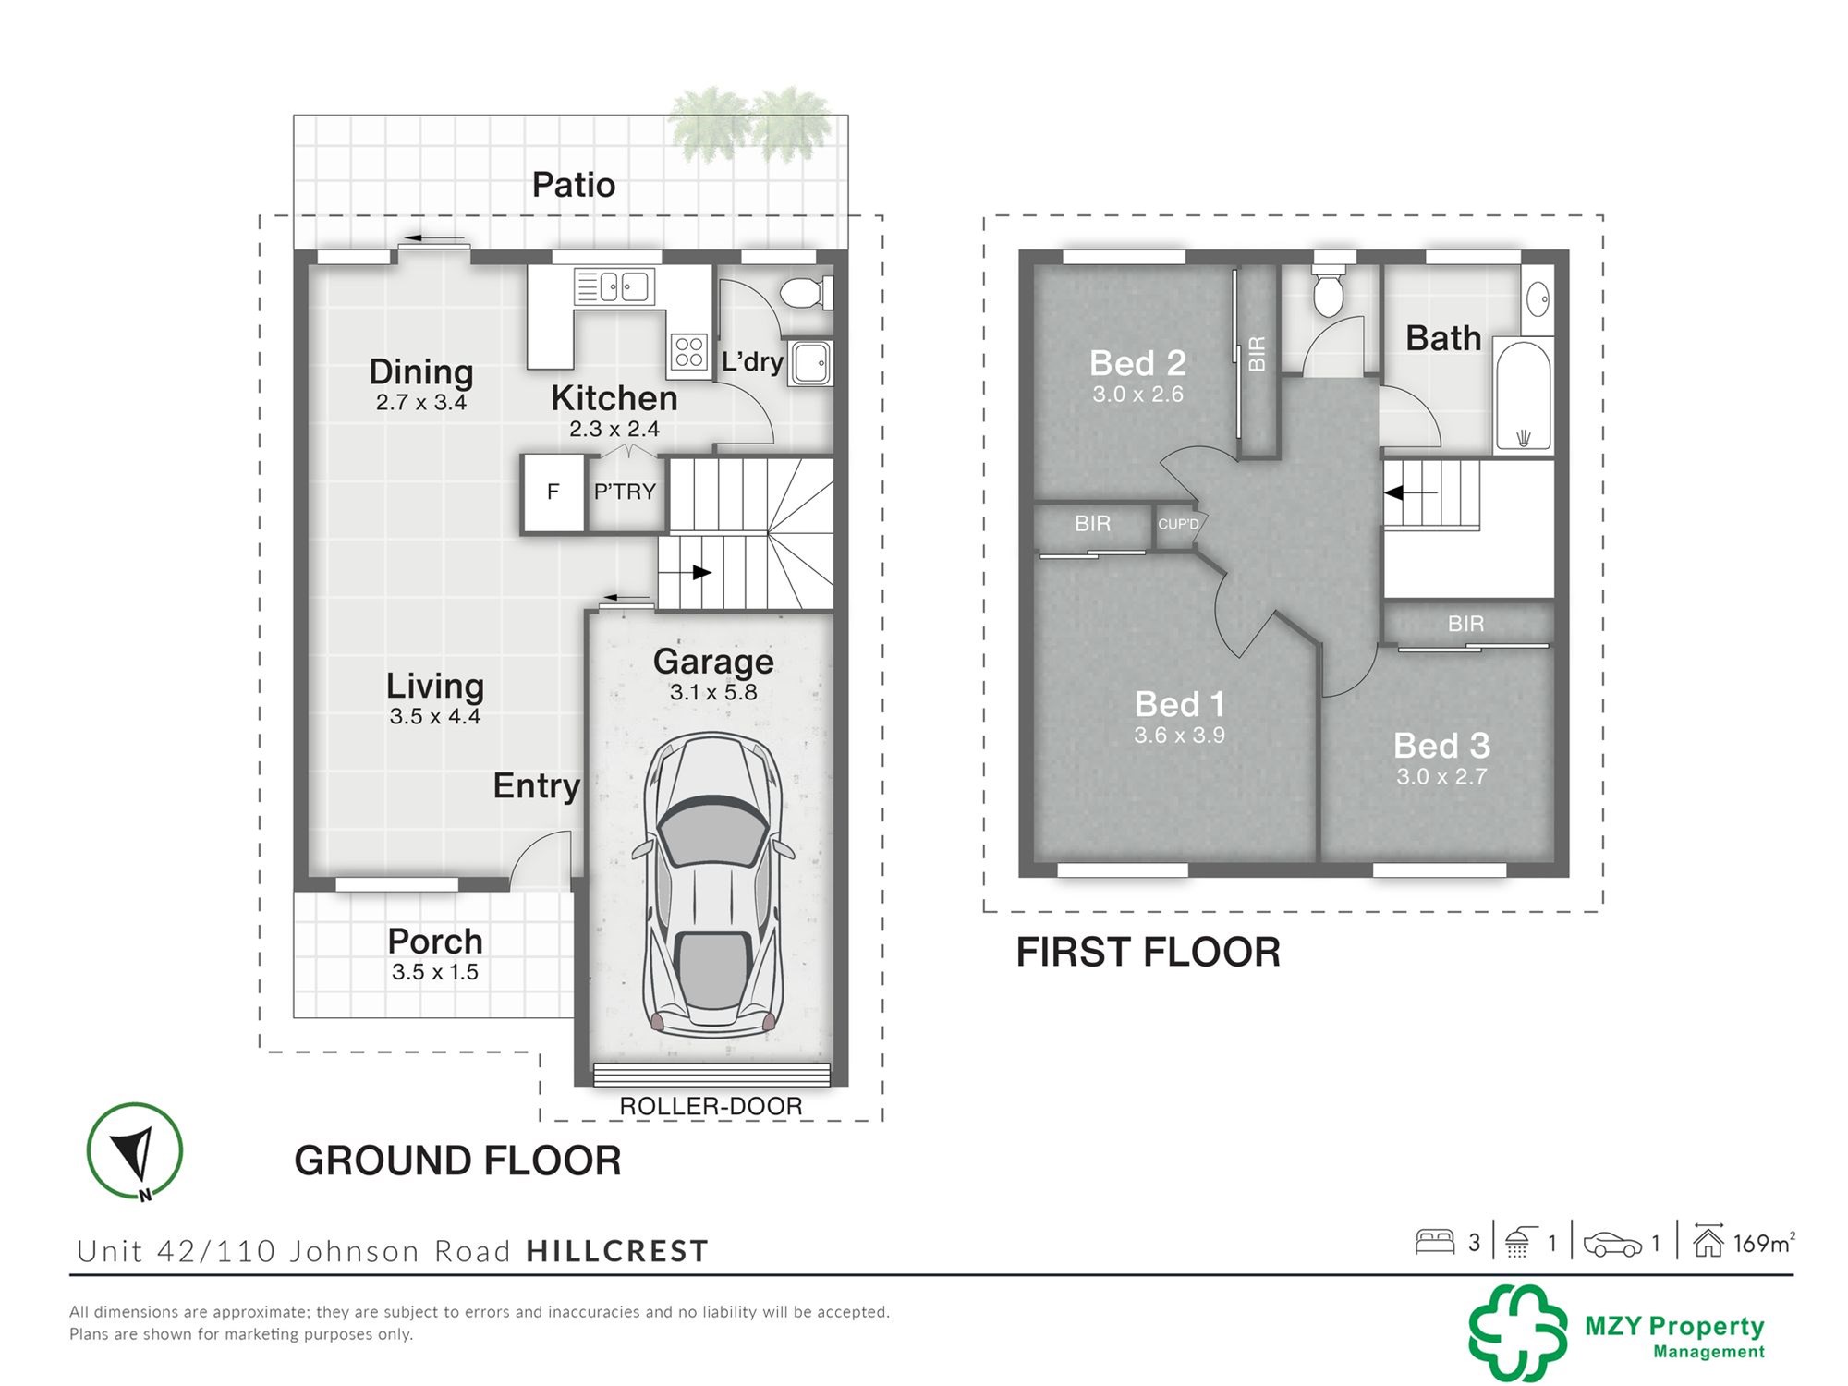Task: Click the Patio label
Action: pos(573,185)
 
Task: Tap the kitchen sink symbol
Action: pos(614,286)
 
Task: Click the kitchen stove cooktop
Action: pos(689,352)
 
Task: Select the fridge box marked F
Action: pos(553,492)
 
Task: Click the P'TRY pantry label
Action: pos(625,492)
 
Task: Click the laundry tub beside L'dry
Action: pos(810,362)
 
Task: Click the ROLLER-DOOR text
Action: pos(711,1106)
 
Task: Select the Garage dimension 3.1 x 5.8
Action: pos(713,692)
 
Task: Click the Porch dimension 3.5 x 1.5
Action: pos(435,972)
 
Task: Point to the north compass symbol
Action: pos(135,1151)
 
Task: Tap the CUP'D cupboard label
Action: pos(1178,524)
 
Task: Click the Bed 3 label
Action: pos(1441,745)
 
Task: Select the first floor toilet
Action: pos(1329,286)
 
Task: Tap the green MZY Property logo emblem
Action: pos(1518,1332)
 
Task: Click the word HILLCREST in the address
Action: pos(617,1251)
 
